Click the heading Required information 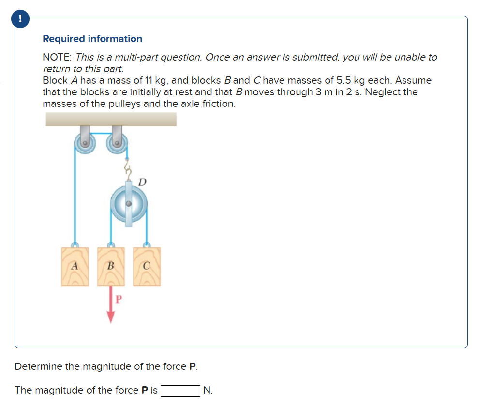click(x=92, y=39)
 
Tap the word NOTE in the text click(x=56, y=57)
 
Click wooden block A click(x=75, y=266)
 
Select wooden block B click(x=111, y=266)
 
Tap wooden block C click(x=147, y=266)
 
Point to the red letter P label click(x=118, y=299)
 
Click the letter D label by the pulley click(x=142, y=182)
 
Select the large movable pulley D click(x=128, y=204)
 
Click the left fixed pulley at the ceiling click(x=85, y=143)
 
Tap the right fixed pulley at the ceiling click(x=117, y=143)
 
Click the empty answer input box click(x=180, y=390)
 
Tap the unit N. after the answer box click(x=208, y=390)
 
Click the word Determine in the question click(x=39, y=366)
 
